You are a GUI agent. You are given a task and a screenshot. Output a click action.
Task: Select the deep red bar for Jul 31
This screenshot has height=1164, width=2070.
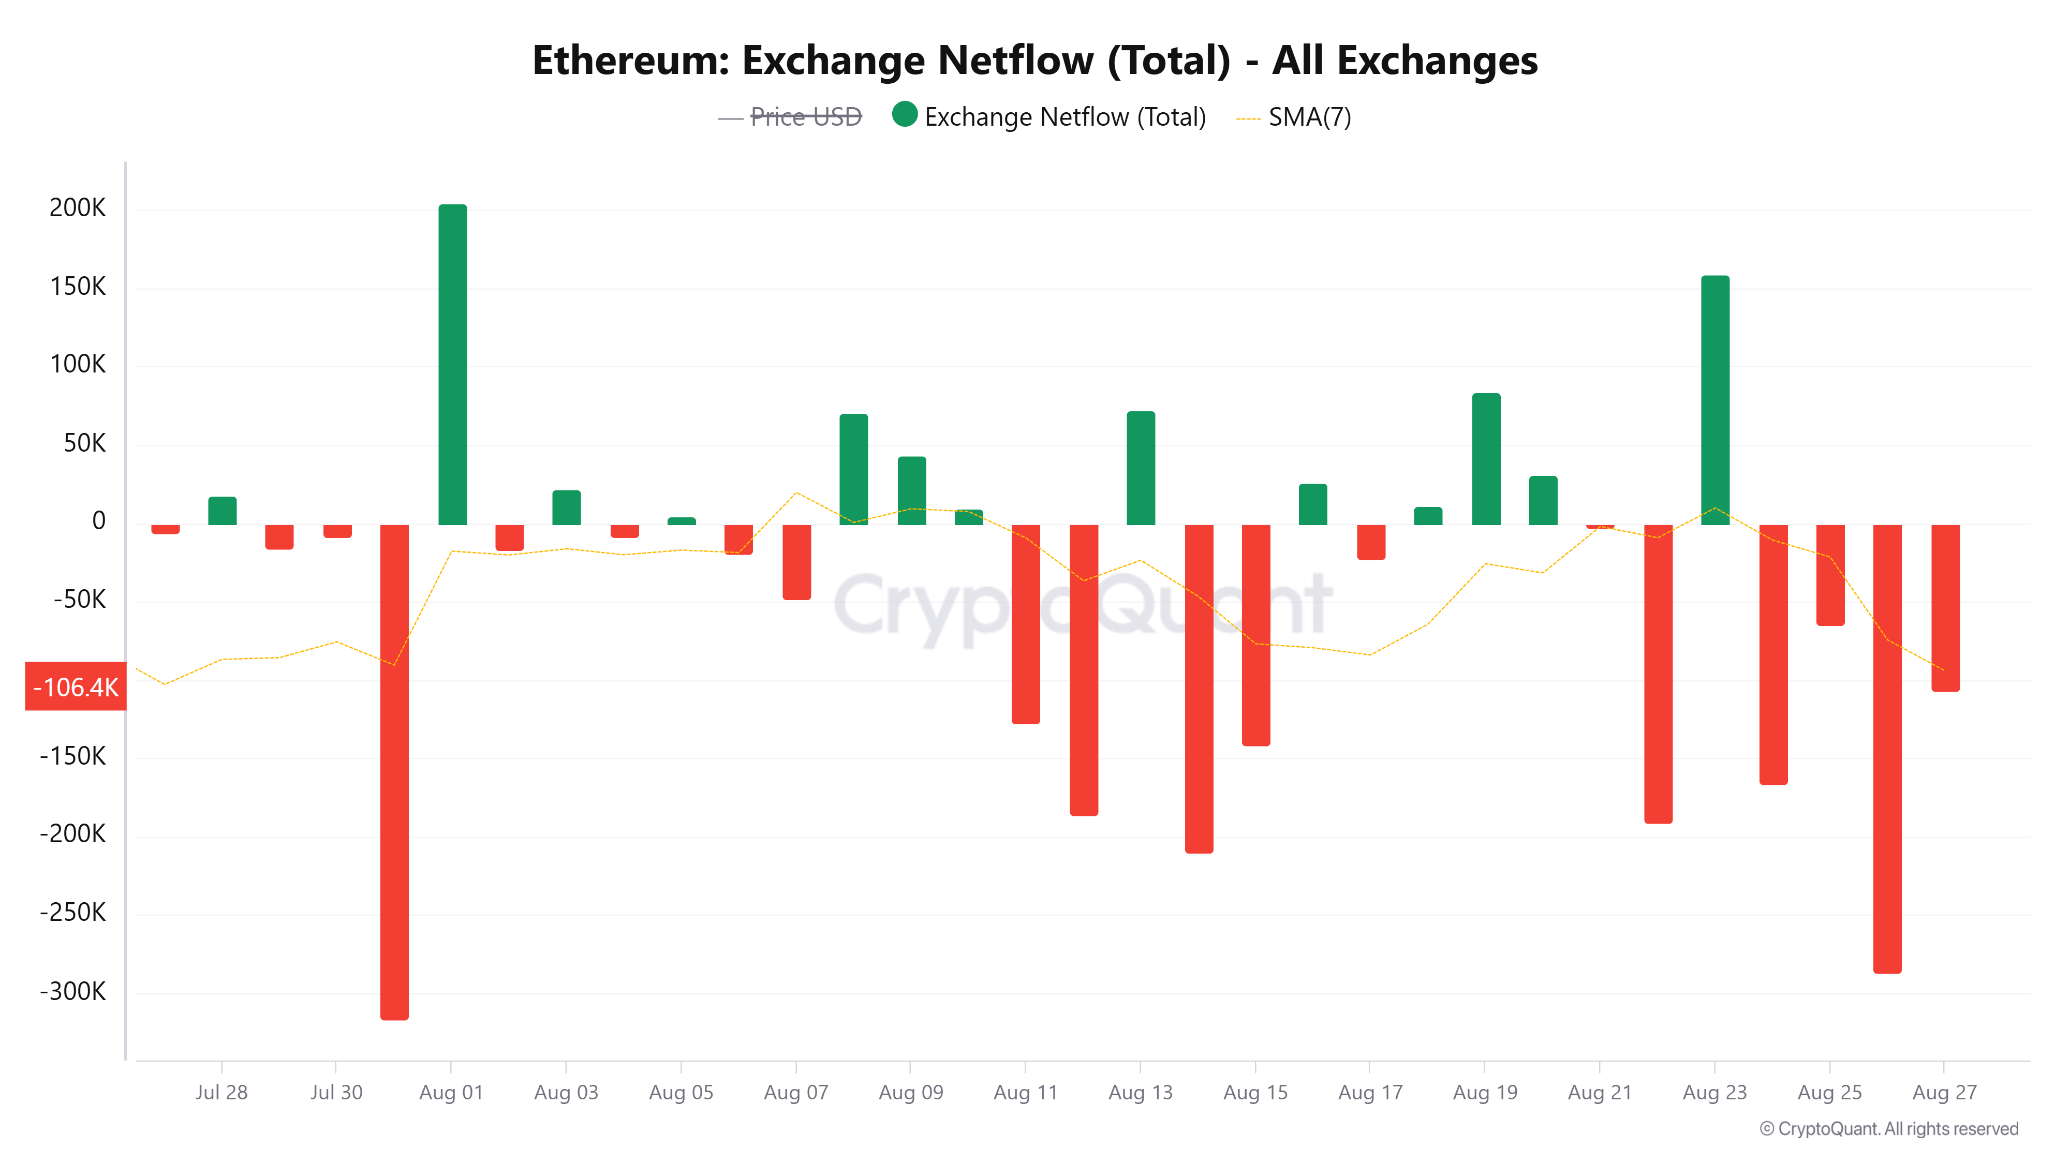point(394,771)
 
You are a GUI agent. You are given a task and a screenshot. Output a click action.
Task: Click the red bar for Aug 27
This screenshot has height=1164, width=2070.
point(1945,607)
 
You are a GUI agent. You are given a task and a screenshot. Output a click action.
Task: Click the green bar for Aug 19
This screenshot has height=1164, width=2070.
point(1485,459)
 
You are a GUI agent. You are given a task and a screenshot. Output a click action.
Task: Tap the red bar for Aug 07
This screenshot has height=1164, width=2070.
point(796,562)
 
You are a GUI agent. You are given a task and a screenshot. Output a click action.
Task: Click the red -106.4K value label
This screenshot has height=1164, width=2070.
point(76,687)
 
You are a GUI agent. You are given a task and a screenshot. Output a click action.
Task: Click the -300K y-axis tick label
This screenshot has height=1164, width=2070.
point(73,991)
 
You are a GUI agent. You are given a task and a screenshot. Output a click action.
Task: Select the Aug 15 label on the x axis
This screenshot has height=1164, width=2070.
point(1255,1093)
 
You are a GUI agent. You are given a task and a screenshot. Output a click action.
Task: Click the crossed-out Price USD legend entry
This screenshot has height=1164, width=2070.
point(805,117)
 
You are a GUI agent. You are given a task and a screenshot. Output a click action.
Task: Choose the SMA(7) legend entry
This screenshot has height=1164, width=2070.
point(1309,117)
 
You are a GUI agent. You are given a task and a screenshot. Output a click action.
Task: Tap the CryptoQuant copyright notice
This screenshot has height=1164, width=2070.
point(1888,1129)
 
